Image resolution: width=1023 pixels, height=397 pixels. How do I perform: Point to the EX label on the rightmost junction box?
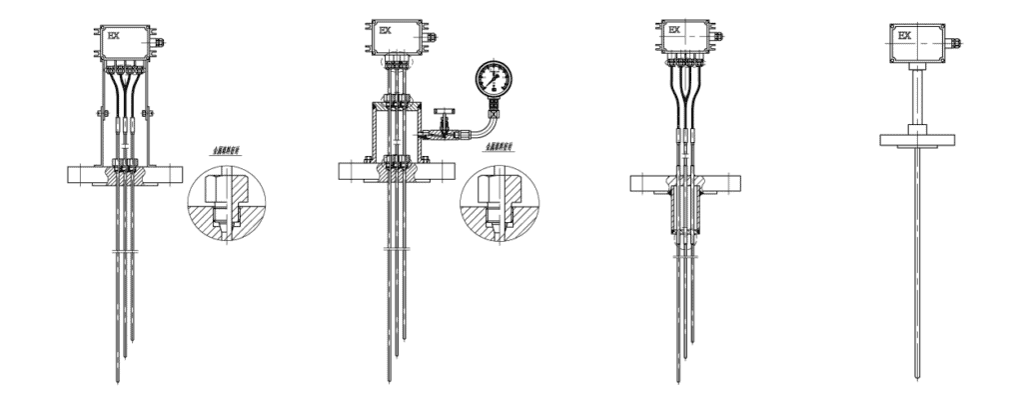905,37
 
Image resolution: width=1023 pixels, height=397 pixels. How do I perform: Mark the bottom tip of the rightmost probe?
918,379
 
